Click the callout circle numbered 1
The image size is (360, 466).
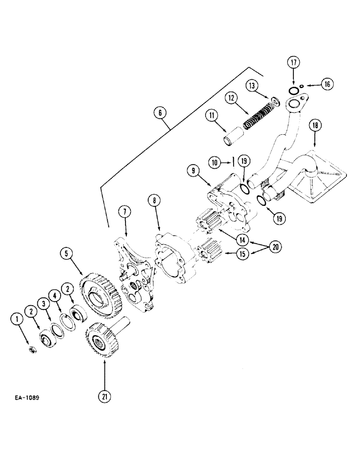[x=17, y=319]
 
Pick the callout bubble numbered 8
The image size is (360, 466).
[x=155, y=200]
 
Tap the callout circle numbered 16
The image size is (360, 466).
[x=327, y=84]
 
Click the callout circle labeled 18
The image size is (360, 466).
[x=315, y=126]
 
